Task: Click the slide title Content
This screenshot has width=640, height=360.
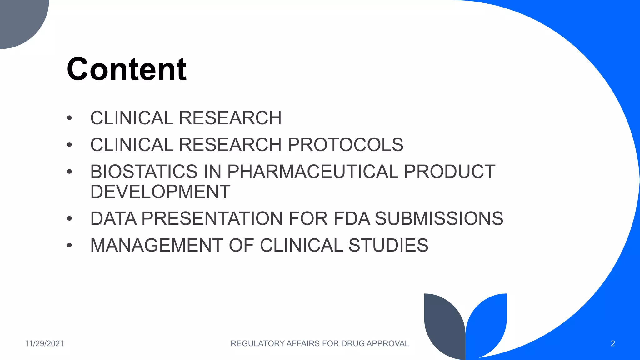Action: [127, 69]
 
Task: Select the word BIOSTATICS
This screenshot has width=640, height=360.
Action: [144, 172]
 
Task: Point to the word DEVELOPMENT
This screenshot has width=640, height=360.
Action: [160, 192]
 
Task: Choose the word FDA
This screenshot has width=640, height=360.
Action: [352, 218]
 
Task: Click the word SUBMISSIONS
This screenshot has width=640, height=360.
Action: [439, 218]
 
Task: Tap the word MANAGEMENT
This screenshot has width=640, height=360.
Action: [157, 245]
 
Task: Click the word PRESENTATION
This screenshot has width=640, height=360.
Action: [212, 218]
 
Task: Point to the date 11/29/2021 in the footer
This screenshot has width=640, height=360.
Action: [44, 344]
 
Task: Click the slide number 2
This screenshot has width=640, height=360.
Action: [613, 344]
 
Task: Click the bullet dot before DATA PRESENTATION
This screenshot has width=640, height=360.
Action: [69, 219]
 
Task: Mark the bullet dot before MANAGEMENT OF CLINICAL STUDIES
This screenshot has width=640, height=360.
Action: [69, 246]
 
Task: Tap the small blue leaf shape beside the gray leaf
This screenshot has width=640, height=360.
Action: [487, 322]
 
